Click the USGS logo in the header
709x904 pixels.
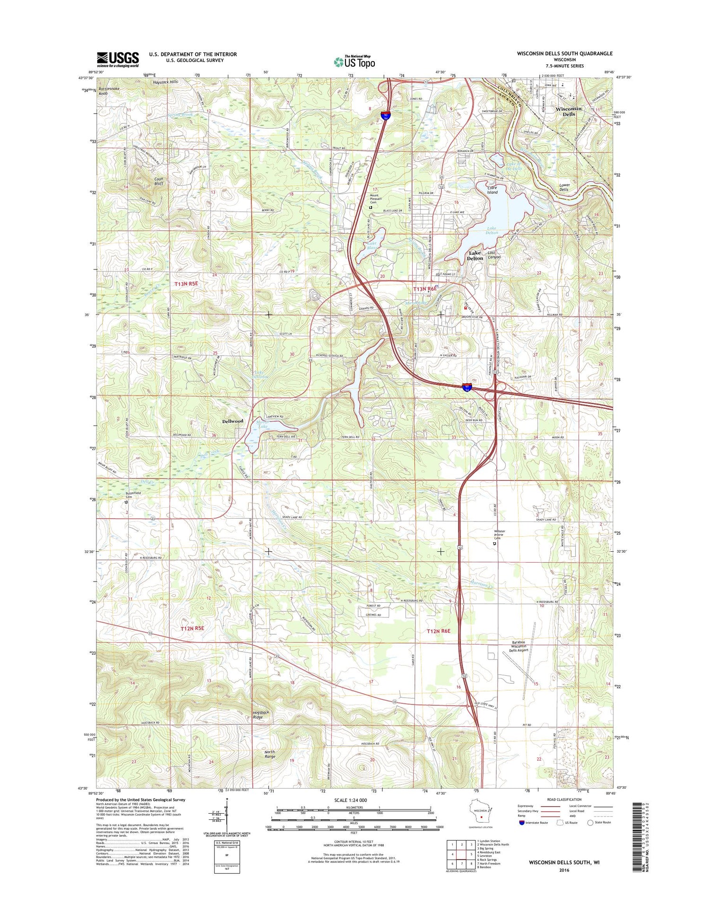pos(118,59)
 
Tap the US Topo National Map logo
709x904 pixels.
pos(354,61)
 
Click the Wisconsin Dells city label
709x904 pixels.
pos(569,112)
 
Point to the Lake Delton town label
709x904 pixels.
pos(475,256)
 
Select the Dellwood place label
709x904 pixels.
pos(233,421)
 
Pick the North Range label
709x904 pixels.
pos(269,754)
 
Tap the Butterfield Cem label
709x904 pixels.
pos(133,495)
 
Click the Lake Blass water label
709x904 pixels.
pos(373,245)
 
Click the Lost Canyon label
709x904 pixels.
pos(494,255)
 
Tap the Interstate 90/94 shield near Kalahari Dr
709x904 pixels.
pos(467,387)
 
